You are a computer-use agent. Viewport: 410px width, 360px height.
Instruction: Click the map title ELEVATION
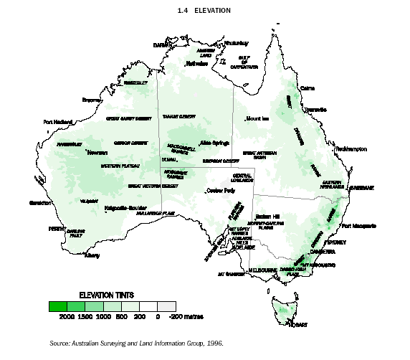click(x=214, y=11)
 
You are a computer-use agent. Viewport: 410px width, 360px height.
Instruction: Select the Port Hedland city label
click(x=59, y=121)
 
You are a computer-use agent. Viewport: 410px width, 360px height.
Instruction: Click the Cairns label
click(x=307, y=88)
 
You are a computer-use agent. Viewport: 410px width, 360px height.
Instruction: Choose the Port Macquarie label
click(x=359, y=226)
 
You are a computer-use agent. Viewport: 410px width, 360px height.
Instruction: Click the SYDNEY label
click(x=335, y=242)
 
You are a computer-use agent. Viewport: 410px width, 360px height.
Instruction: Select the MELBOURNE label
click(x=262, y=270)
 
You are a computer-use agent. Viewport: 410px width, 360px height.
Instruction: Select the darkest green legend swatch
click(x=58, y=306)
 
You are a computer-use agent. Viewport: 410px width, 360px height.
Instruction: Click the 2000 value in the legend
click(x=67, y=316)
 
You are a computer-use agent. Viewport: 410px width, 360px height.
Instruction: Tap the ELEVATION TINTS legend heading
click(x=106, y=295)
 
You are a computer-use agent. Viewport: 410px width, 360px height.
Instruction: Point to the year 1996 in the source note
click(x=211, y=343)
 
